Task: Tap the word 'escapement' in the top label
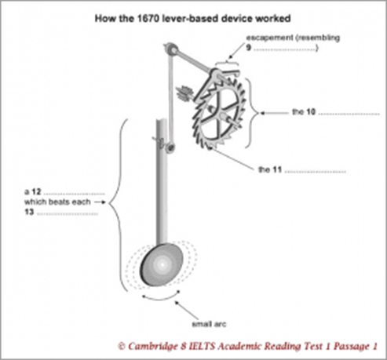click(x=269, y=38)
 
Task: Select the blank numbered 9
click(x=286, y=49)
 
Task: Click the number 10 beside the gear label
click(x=311, y=112)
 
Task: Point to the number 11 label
click(x=277, y=169)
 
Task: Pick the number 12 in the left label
click(x=37, y=191)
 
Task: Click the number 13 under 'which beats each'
click(x=29, y=212)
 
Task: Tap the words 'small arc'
click(x=209, y=324)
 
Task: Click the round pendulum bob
click(x=162, y=264)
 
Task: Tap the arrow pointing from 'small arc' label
click(x=187, y=310)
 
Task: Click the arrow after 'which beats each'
click(x=100, y=202)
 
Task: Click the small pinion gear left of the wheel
click(x=184, y=93)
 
